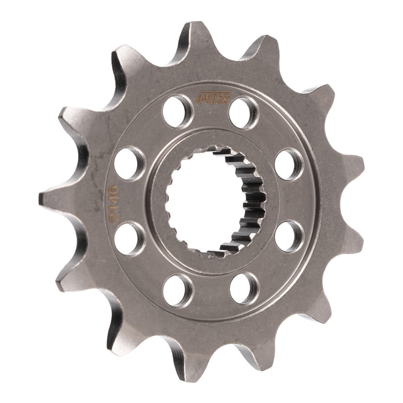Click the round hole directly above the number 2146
tap(129, 163)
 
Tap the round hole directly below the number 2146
tap(129, 238)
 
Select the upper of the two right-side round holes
tap(289, 164)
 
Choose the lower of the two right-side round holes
tap(289, 235)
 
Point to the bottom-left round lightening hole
tap(178, 290)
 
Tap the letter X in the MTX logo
tap(223, 97)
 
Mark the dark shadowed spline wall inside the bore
tap(249, 201)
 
